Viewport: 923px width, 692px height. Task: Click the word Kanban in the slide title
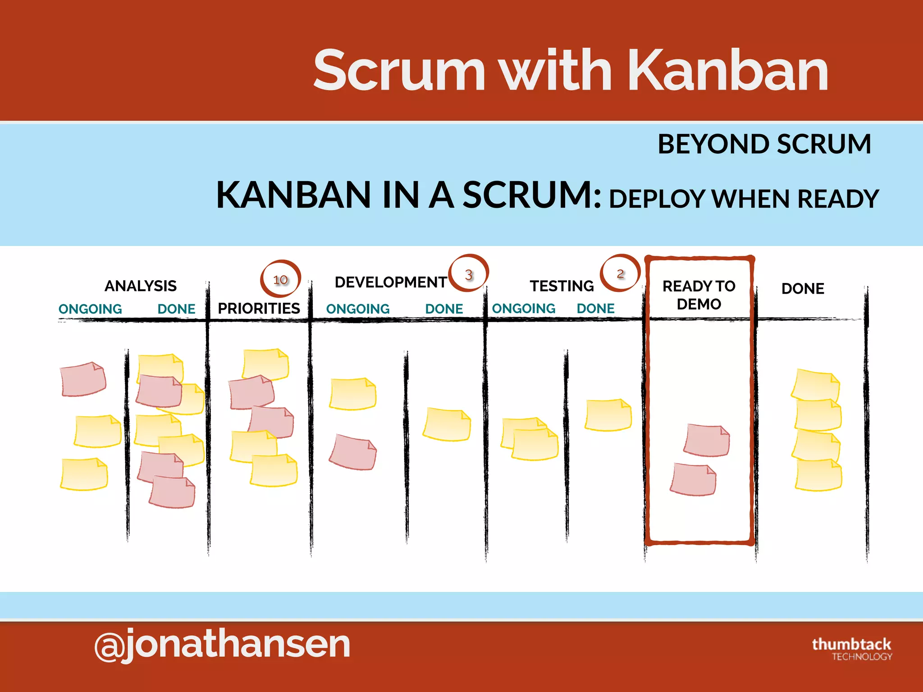tap(728, 71)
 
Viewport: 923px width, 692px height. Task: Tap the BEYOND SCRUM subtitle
tap(764, 144)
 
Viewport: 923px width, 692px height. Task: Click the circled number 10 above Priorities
tap(280, 279)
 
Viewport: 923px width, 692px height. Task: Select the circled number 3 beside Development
tap(469, 274)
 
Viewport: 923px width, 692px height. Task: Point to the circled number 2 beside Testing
tap(620, 273)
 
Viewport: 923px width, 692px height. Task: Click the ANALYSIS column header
tap(141, 286)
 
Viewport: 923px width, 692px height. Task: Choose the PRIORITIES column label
tap(259, 308)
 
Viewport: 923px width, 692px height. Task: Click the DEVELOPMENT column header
tap(391, 282)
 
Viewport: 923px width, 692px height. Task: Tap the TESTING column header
tap(562, 286)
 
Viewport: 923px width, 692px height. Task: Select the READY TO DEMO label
tap(699, 295)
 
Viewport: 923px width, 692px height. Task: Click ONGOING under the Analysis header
tap(90, 309)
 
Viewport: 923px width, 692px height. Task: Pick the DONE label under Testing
tap(595, 309)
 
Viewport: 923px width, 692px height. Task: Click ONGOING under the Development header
tap(358, 309)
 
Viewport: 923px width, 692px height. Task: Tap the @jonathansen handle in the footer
tap(222, 644)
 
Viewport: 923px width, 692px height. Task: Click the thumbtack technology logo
tap(851, 649)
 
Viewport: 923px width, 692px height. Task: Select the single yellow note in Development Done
tap(447, 424)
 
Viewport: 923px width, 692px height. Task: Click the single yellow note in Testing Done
tap(608, 415)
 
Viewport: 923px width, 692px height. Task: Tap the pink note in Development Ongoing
tap(353, 452)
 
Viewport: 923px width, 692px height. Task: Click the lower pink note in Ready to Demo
tap(693, 479)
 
